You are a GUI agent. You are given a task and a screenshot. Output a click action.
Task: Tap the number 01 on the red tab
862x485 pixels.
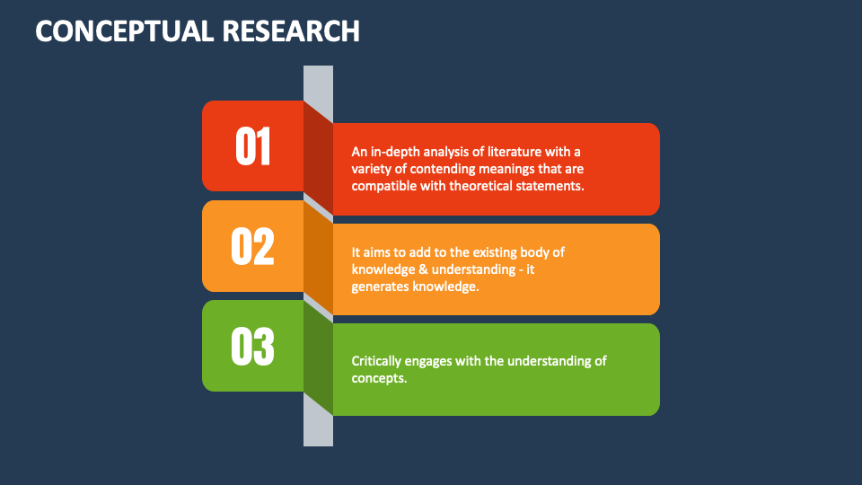click(253, 146)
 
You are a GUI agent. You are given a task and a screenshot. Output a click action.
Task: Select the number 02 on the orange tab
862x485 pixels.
click(253, 246)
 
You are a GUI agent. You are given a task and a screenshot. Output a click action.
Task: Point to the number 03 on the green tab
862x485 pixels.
click(253, 347)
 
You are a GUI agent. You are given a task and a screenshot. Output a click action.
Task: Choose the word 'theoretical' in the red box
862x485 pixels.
click(482, 186)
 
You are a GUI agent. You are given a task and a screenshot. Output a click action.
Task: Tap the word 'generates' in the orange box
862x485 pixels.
click(380, 287)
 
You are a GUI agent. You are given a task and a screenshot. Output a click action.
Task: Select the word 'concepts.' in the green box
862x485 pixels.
click(379, 378)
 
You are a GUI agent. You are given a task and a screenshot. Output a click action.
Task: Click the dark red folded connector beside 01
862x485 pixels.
click(318, 157)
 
